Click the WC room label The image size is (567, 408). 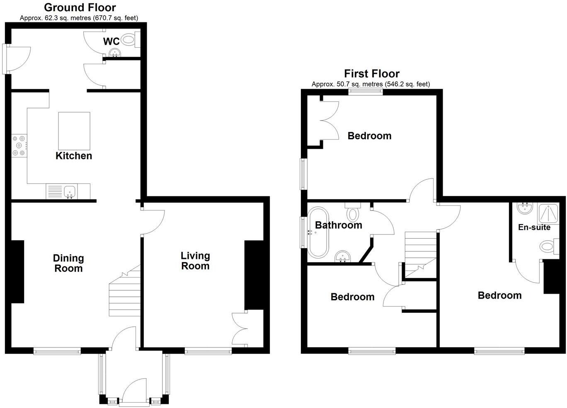point(111,41)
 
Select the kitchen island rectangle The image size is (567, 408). point(74,131)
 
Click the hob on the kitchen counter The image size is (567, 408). point(19,146)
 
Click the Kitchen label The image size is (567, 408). point(74,156)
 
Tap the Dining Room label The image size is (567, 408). point(68,263)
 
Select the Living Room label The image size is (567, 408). point(195,261)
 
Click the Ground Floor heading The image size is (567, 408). point(80,7)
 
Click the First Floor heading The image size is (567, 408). point(372,74)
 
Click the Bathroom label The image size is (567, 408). point(338,225)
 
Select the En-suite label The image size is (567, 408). point(534,227)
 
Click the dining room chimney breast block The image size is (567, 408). point(17,272)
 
